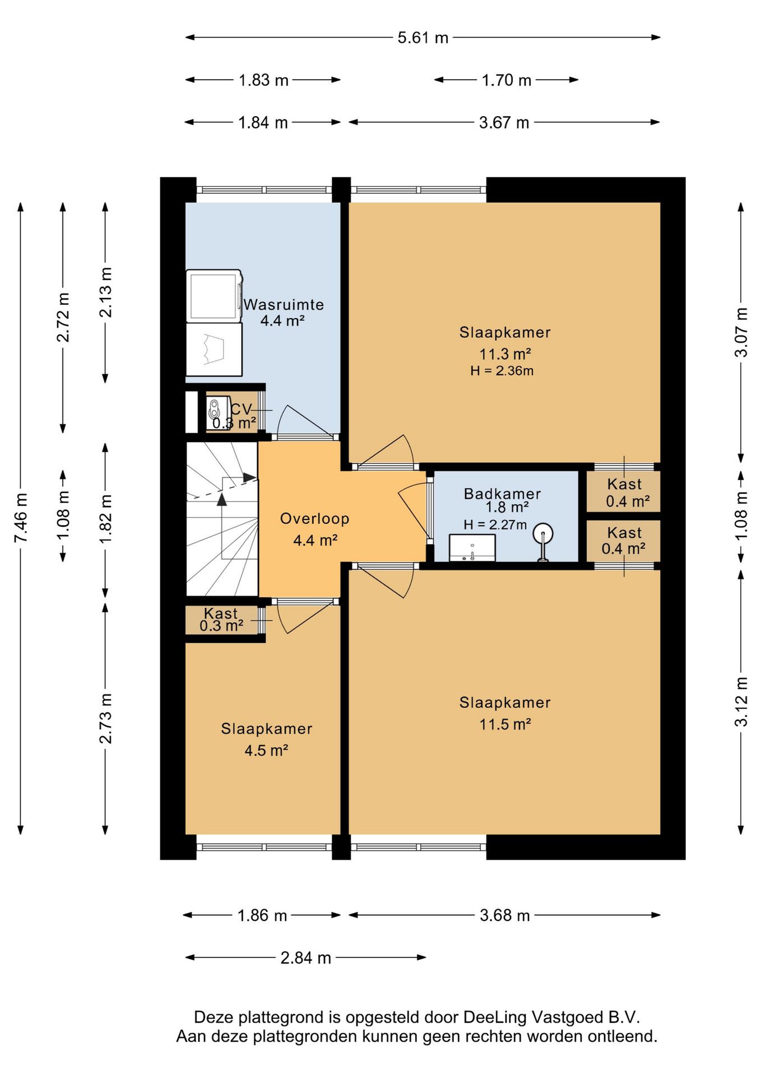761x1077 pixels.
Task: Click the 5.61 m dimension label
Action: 423,38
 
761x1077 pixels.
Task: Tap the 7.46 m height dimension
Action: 21,518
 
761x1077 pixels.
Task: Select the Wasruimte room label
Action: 284,305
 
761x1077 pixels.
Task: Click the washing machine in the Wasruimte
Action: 214,296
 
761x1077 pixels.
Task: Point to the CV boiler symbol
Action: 217,413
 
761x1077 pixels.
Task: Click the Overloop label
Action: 315,519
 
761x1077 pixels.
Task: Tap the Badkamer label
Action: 502,494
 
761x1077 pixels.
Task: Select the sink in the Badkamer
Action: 472,547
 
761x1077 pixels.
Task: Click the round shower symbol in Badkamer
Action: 542,533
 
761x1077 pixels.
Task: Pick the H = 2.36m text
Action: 502,371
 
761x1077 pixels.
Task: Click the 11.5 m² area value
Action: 505,724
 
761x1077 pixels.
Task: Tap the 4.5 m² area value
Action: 266,751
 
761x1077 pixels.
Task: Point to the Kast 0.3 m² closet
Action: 222,620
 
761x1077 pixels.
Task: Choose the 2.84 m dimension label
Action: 306,958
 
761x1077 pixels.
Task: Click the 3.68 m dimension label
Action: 505,915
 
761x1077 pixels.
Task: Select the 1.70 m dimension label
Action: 507,80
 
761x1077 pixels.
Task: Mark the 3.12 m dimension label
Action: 741,702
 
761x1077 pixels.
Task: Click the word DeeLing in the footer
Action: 495,1017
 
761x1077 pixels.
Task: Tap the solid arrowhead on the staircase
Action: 222,499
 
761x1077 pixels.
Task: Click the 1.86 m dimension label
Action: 262,915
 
